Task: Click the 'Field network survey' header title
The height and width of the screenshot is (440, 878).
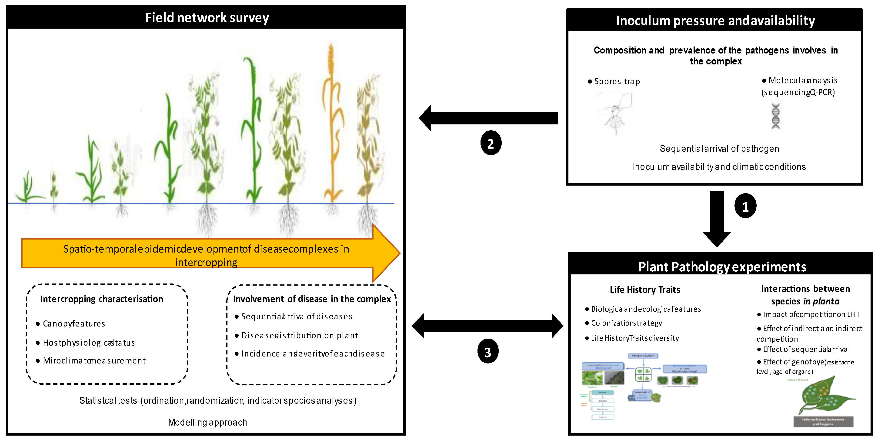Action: pyautogui.click(x=207, y=18)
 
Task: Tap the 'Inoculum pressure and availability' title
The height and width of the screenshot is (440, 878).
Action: pyautogui.click(x=715, y=21)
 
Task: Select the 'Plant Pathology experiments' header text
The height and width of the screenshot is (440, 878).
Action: pyautogui.click(x=722, y=267)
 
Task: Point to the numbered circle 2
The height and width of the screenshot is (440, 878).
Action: pyautogui.click(x=491, y=143)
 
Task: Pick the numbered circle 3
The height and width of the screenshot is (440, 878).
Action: pyautogui.click(x=487, y=351)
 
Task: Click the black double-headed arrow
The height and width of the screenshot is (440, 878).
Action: pyautogui.click(x=487, y=326)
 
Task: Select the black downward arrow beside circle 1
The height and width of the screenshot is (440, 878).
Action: pyautogui.click(x=717, y=218)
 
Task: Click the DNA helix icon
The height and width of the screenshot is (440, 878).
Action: pyautogui.click(x=776, y=116)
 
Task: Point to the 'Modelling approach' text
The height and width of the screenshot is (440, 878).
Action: pyautogui.click(x=207, y=422)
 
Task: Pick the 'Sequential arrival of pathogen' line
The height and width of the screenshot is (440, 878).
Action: pyautogui.click(x=719, y=149)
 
